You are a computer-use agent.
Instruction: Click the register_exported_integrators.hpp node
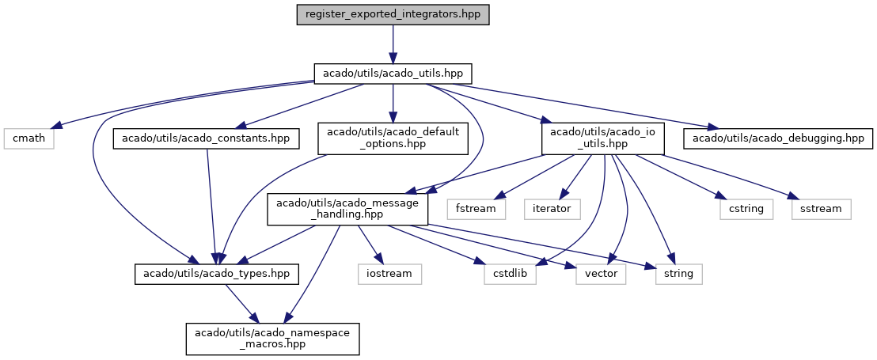(393, 14)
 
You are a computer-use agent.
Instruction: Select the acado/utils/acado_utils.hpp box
(393, 74)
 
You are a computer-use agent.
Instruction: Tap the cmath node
(28, 138)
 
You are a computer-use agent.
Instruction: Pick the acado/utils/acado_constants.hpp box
(207, 138)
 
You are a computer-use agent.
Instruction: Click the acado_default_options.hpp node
(393, 138)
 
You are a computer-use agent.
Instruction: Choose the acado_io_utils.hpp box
(602, 138)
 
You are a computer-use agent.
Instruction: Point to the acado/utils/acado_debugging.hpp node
(777, 138)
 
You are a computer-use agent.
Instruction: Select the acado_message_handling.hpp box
(348, 209)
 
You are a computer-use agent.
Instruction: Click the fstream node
(476, 209)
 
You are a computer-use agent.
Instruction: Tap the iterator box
(552, 209)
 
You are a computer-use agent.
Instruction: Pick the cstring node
(746, 209)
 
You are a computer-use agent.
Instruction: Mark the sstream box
(821, 209)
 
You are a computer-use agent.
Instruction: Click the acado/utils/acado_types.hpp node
(216, 274)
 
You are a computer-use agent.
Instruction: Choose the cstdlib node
(510, 274)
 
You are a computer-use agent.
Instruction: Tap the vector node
(601, 274)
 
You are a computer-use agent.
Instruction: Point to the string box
(678, 274)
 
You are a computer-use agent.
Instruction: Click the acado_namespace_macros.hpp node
(272, 339)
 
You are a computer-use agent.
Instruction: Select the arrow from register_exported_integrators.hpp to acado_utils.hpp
(393, 44)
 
